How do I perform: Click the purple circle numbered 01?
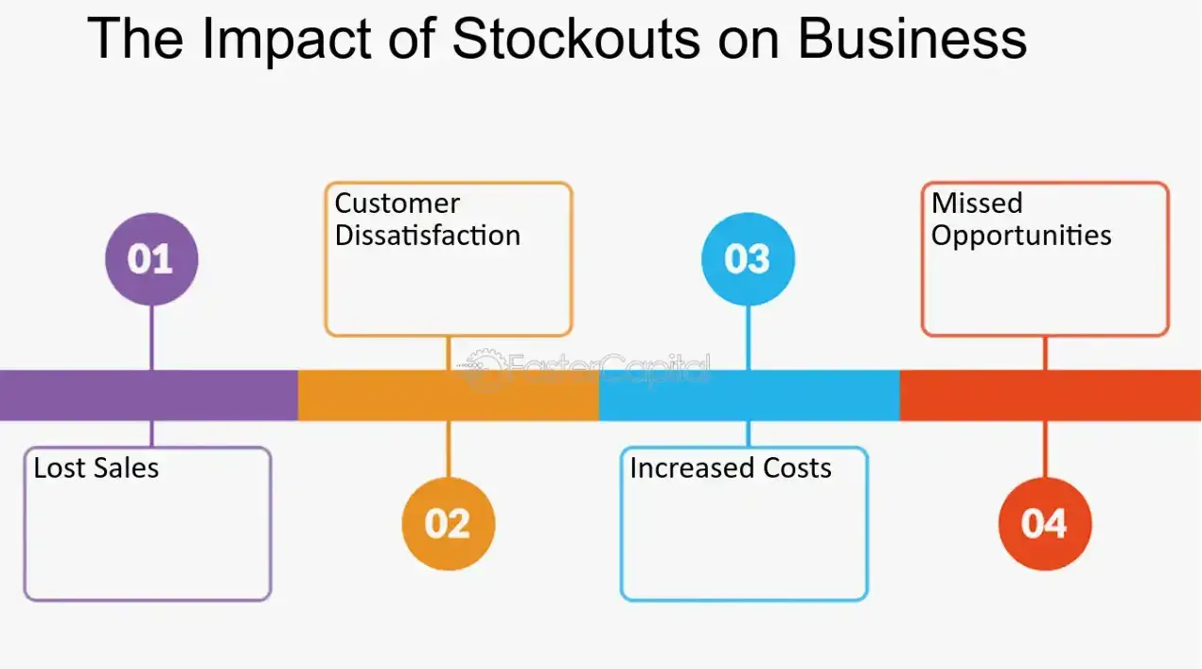tap(151, 258)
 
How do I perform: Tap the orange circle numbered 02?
tap(448, 523)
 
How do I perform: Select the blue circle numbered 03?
tap(748, 258)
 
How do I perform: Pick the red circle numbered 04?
tap(1045, 523)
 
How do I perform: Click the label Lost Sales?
tap(96, 467)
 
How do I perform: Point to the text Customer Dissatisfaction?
tap(427, 220)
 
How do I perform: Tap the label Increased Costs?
tap(730, 467)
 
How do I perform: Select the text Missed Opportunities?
tap(1020, 220)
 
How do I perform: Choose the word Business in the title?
tap(912, 40)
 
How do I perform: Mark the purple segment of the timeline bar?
tap(149, 396)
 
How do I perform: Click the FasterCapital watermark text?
tap(606, 367)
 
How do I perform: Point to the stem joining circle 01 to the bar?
tap(151, 337)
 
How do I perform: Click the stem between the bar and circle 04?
tap(1045, 449)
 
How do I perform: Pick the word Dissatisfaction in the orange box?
tap(427, 236)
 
